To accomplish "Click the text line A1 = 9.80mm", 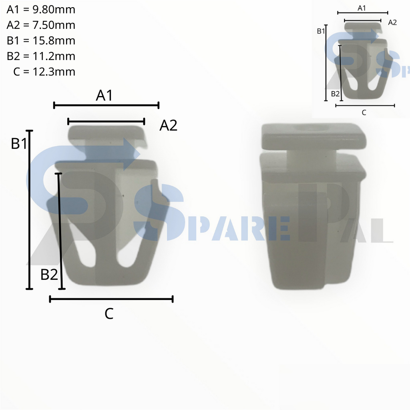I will (x=41, y=10).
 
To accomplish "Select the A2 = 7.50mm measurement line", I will (x=41, y=25).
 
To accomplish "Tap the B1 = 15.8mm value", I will (x=41, y=41).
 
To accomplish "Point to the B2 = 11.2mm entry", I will (x=41, y=56).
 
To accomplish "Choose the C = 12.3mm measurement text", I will (x=44, y=72).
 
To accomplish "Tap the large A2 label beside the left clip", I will (x=168, y=126).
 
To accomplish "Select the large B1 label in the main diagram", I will (x=19, y=143).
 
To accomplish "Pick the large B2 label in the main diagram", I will (x=49, y=275).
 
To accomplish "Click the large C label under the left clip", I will (x=109, y=314).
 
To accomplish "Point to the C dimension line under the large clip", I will (x=111, y=299).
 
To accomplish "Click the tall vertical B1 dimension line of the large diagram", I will (x=29, y=209).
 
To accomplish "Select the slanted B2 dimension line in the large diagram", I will (x=60, y=231).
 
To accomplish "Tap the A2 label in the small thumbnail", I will (x=392, y=22).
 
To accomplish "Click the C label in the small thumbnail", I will (x=364, y=113).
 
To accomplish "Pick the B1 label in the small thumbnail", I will (x=321, y=31).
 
